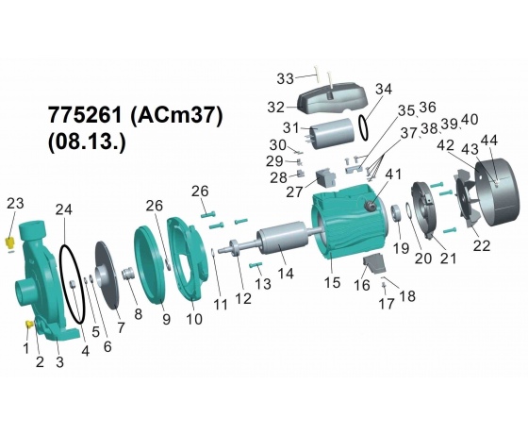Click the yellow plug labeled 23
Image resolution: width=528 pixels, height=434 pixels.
(10, 242)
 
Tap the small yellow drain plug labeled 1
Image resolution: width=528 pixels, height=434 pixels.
(29, 325)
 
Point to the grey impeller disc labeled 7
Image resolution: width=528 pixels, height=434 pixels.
(107, 275)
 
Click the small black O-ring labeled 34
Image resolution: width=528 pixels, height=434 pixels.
(363, 126)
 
